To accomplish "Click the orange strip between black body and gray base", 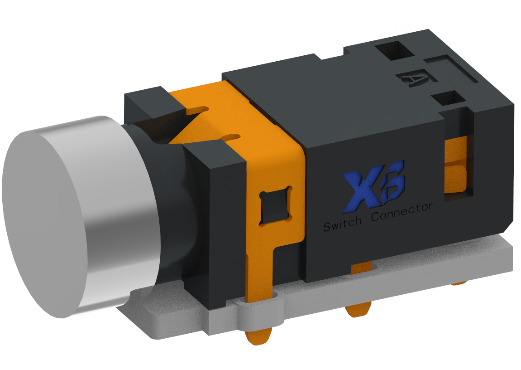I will (362, 269).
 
